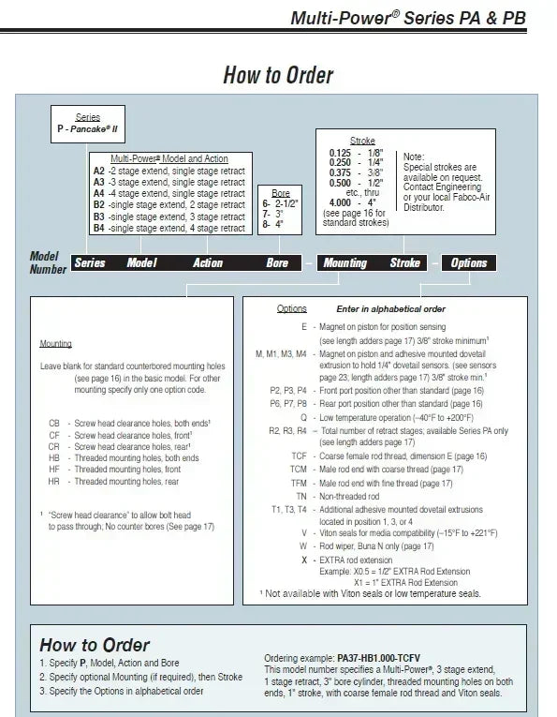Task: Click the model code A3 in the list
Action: pyautogui.click(x=99, y=182)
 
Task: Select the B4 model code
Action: pyautogui.click(x=99, y=228)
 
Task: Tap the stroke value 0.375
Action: pyautogui.click(x=340, y=172)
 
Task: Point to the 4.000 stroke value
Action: pyautogui.click(x=340, y=202)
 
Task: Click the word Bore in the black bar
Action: pyautogui.click(x=277, y=263)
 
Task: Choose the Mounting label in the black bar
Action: pyautogui.click(x=345, y=263)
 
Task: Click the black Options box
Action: pyautogui.click(x=469, y=263)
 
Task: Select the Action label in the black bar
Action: pyautogui.click(x=208, y=263)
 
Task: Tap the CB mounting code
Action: pyautogui.click(x=54, y=424)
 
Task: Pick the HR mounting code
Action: pyautogui.click(x=54, y=482)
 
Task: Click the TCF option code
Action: pyautogui.click(x=299, y=456)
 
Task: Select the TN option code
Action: pyautogui.click(x=301, y=497)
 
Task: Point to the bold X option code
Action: pyautogui.click(x=304, y=560)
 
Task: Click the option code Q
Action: pyautogui.click(x=303, y=418)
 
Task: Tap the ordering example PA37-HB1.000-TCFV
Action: pyautogui.click(x=378, y=659)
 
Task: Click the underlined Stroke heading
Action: pyautogui.click(x=362, y=141)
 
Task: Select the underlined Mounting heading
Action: pyautogui.click(x=56, y=343)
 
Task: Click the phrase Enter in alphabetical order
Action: pyautogui.click(x=390, y=309)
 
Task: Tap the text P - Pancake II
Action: pyautogui.click(x=87, y=129)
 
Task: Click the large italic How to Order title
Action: pyautogui.click(x=279, y=75)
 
